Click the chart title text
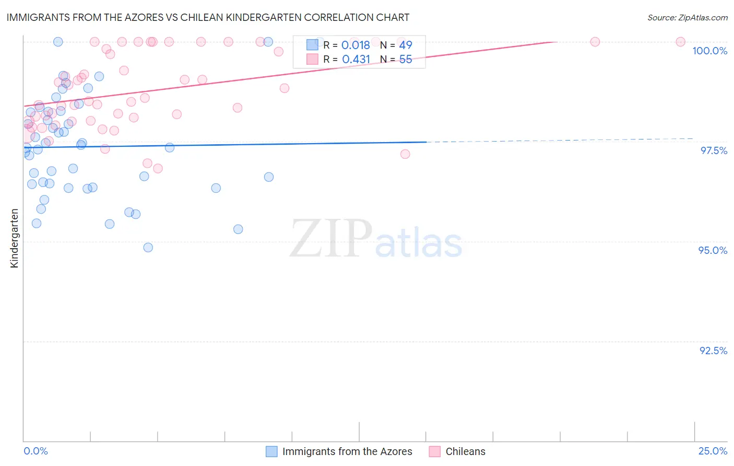point(208,17)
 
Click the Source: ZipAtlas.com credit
point(687,17)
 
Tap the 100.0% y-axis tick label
point(709,51)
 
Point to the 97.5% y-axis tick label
point(713,150)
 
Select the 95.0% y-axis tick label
point(713,250)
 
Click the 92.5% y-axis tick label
point(713,351)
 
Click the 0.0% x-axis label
point(36,451)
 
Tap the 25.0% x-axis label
point(713,451)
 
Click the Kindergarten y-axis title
point(14,238)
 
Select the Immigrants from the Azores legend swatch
point(271,451)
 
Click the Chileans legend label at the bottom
point(465,451)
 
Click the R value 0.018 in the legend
point(356,45)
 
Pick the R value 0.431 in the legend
point(356,60)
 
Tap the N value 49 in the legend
point(406,45)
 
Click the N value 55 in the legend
point(406,60)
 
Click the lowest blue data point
point(148,248)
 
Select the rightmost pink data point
point(680,42)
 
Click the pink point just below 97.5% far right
point(405,154)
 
